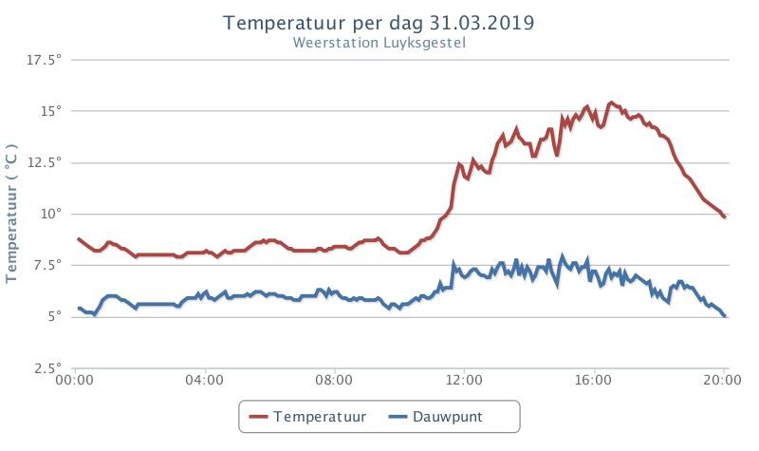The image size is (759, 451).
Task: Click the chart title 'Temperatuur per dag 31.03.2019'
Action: [x=379, y=23]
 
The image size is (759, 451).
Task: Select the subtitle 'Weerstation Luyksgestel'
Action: [x=379, y=43]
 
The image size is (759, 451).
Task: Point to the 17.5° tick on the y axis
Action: [x=44, y=60]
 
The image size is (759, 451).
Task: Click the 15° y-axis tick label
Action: [x=52, y=111]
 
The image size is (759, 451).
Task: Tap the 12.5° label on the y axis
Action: [x=44, y=161]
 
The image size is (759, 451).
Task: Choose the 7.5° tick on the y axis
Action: [x=48, y=265]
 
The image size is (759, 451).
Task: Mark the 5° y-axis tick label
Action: [x=55, y=316]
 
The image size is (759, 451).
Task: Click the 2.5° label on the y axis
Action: [x=48, y=367]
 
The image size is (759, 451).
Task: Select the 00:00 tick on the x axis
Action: [x=75, y=379]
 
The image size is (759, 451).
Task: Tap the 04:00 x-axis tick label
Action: [x=204, y=379]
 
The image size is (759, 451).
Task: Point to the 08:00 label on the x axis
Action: [x=334, y=379]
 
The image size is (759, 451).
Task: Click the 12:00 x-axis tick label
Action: [x=464, y=379]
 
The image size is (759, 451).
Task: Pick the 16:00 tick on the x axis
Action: [x=594, y=379]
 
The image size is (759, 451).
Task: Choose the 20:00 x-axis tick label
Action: [x=723, y=379]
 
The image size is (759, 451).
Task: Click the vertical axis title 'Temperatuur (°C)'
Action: [x=11, y=213]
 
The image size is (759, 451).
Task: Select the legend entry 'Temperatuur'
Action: [x=307, y=417]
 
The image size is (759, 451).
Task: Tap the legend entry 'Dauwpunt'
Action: [x=435, y=417]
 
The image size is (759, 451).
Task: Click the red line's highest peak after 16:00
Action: [x=611, y=103]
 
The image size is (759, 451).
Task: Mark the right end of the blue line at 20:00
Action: [x=725, y=316]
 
